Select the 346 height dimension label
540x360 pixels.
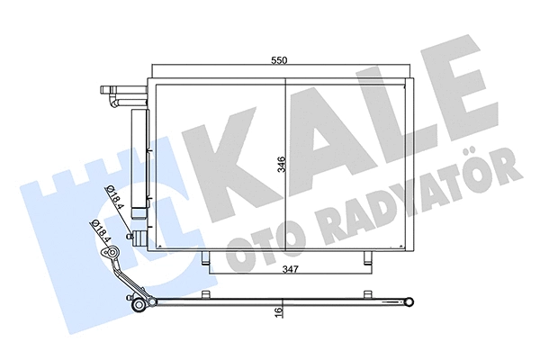tap(281, 165)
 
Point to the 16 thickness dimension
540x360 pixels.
tap(280, 311)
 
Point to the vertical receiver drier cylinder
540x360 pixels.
tap(139, 162)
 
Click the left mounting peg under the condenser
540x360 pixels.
tap(208, 260)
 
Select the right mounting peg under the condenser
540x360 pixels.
tap(365, 260)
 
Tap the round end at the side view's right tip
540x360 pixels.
tap(409, 302)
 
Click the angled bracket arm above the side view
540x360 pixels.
tap(120, 270)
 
